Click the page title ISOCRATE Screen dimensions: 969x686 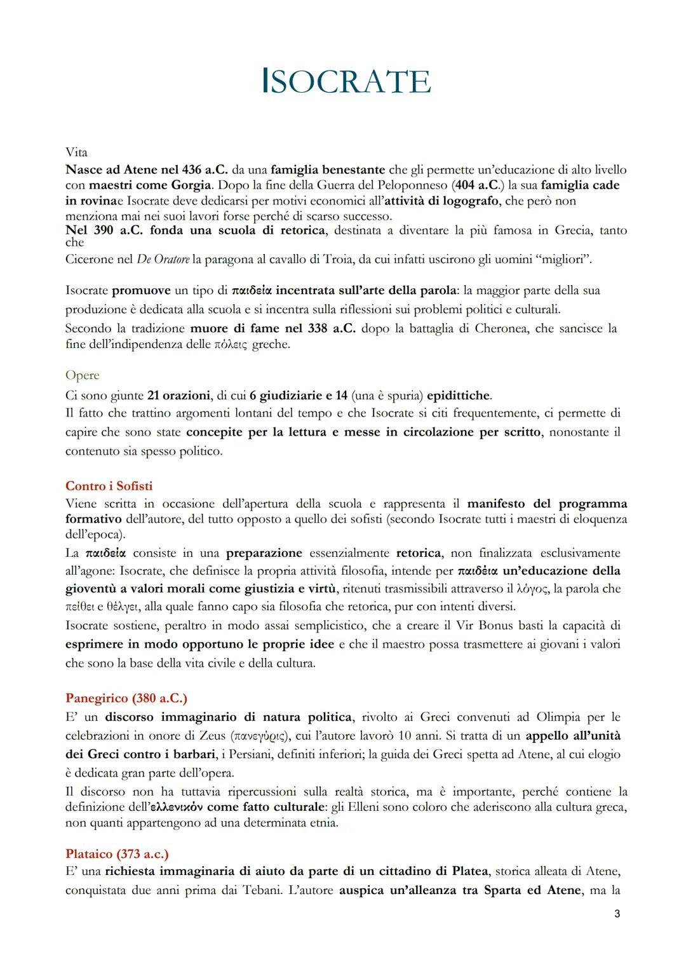(346, 82)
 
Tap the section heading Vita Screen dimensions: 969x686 (76, 153)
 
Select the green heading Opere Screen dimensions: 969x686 (82, 375)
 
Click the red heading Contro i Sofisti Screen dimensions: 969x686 (109, 486)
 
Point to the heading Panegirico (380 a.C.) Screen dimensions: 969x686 (126, 698)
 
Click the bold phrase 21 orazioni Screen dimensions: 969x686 (178, 396)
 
